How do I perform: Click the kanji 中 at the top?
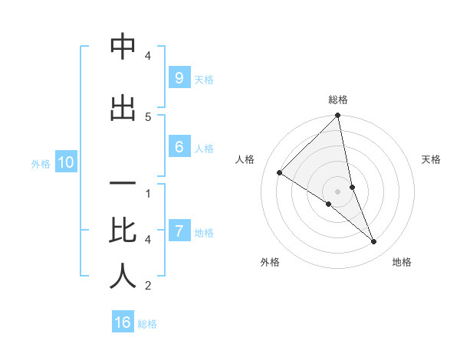click(x=123, y=47)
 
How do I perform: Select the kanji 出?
click(x=123, y=108)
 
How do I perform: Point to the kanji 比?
click(x=123, y=229)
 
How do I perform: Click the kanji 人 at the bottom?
click(x=123, y=277)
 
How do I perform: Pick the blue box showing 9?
click(x=179, y=78)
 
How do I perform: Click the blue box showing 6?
click(x=179, y=147)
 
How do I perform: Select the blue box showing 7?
click(x=179, y=231)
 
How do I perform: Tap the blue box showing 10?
click(x=65, y=162)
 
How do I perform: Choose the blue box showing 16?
click(x=123, y=322)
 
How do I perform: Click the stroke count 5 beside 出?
click(x=148, y=116)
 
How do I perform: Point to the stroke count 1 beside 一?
click(x=148, y=193)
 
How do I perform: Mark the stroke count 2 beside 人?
click(x=148, y=286)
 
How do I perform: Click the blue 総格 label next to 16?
click(x=147, y=324)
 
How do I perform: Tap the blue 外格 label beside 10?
click(x=41, y=163)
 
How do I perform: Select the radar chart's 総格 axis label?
click(x=338, y=100)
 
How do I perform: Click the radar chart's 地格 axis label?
click(x=402, y=262)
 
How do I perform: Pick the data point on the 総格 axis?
click(x=338, y=116)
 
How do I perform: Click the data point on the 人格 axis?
click(x=280, y=172)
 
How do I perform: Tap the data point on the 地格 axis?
click(x=374, y=241)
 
